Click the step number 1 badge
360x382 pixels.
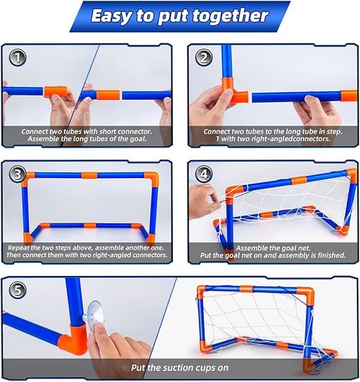pos(17,58)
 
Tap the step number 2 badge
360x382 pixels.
pos(204,58)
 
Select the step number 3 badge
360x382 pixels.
pos(17,174)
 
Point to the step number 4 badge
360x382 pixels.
pos(204,174)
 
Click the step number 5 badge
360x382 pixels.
pos(17,290)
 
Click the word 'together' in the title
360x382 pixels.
pos(230,16)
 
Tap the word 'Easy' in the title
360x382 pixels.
pos(111,17)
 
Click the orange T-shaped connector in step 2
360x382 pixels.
pos(233,91)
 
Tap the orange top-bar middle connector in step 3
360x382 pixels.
pos(89,175)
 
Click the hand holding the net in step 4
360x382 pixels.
pos(204,201)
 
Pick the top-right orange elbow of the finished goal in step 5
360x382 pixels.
pos(307,294)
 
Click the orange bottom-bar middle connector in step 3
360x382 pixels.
pos(89,225)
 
